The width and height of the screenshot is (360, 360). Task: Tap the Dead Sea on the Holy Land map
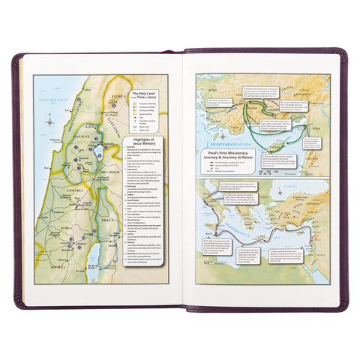91,255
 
